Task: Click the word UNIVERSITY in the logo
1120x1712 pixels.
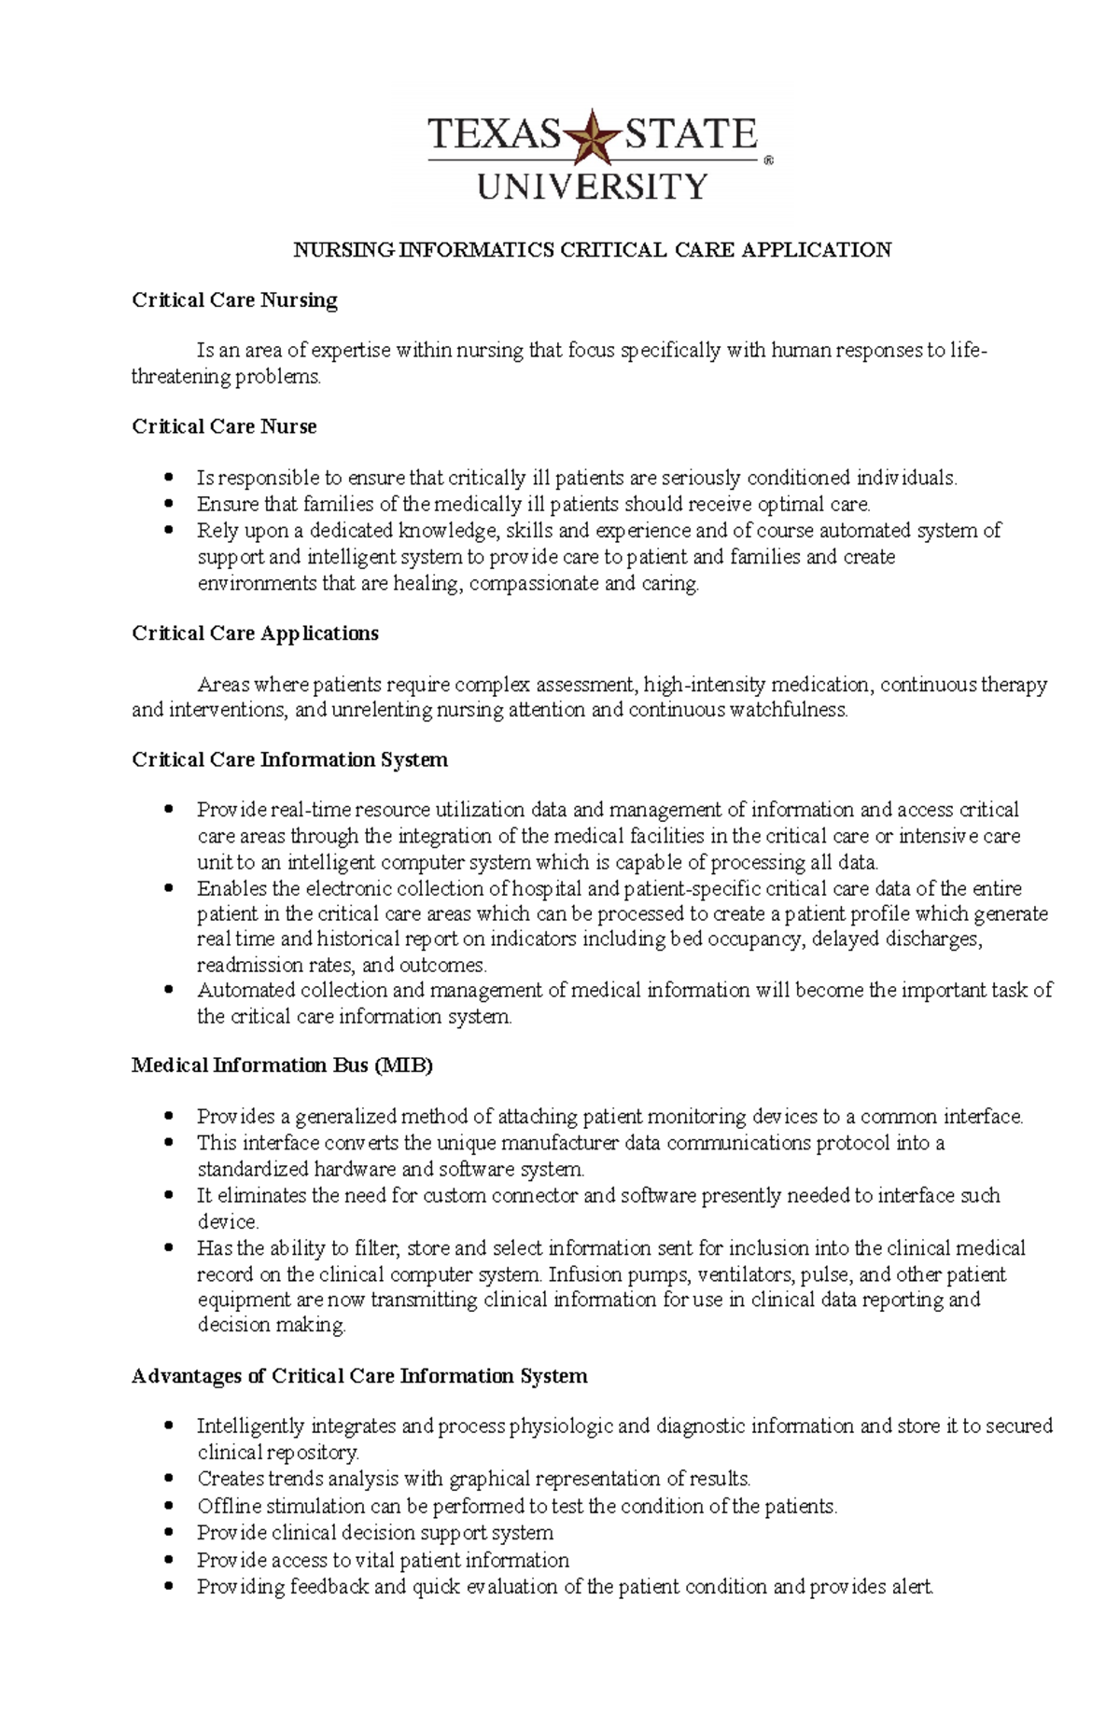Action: tap(593, 187)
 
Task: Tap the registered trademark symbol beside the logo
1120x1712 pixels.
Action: tap(769, 160)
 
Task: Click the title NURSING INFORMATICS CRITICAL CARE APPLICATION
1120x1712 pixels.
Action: tap(593, 249)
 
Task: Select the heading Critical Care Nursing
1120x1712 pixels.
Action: tap(234, 300)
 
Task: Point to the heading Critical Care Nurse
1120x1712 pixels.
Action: tap(224, 426)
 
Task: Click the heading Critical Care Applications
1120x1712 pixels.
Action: tap(255, 633)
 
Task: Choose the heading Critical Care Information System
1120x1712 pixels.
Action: tap(289, 759)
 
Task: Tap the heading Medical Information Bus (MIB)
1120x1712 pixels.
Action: tap(282, 1065)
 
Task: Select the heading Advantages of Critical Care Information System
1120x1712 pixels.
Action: tap(359, 1376)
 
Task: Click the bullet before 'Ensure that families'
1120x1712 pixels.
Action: tap(169, 503)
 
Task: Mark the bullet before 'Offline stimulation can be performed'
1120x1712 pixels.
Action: tap(169, 1505)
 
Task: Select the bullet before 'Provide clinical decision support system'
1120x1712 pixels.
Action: tap(169, 1532)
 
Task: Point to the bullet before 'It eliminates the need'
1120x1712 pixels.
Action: tap(169, 1194)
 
